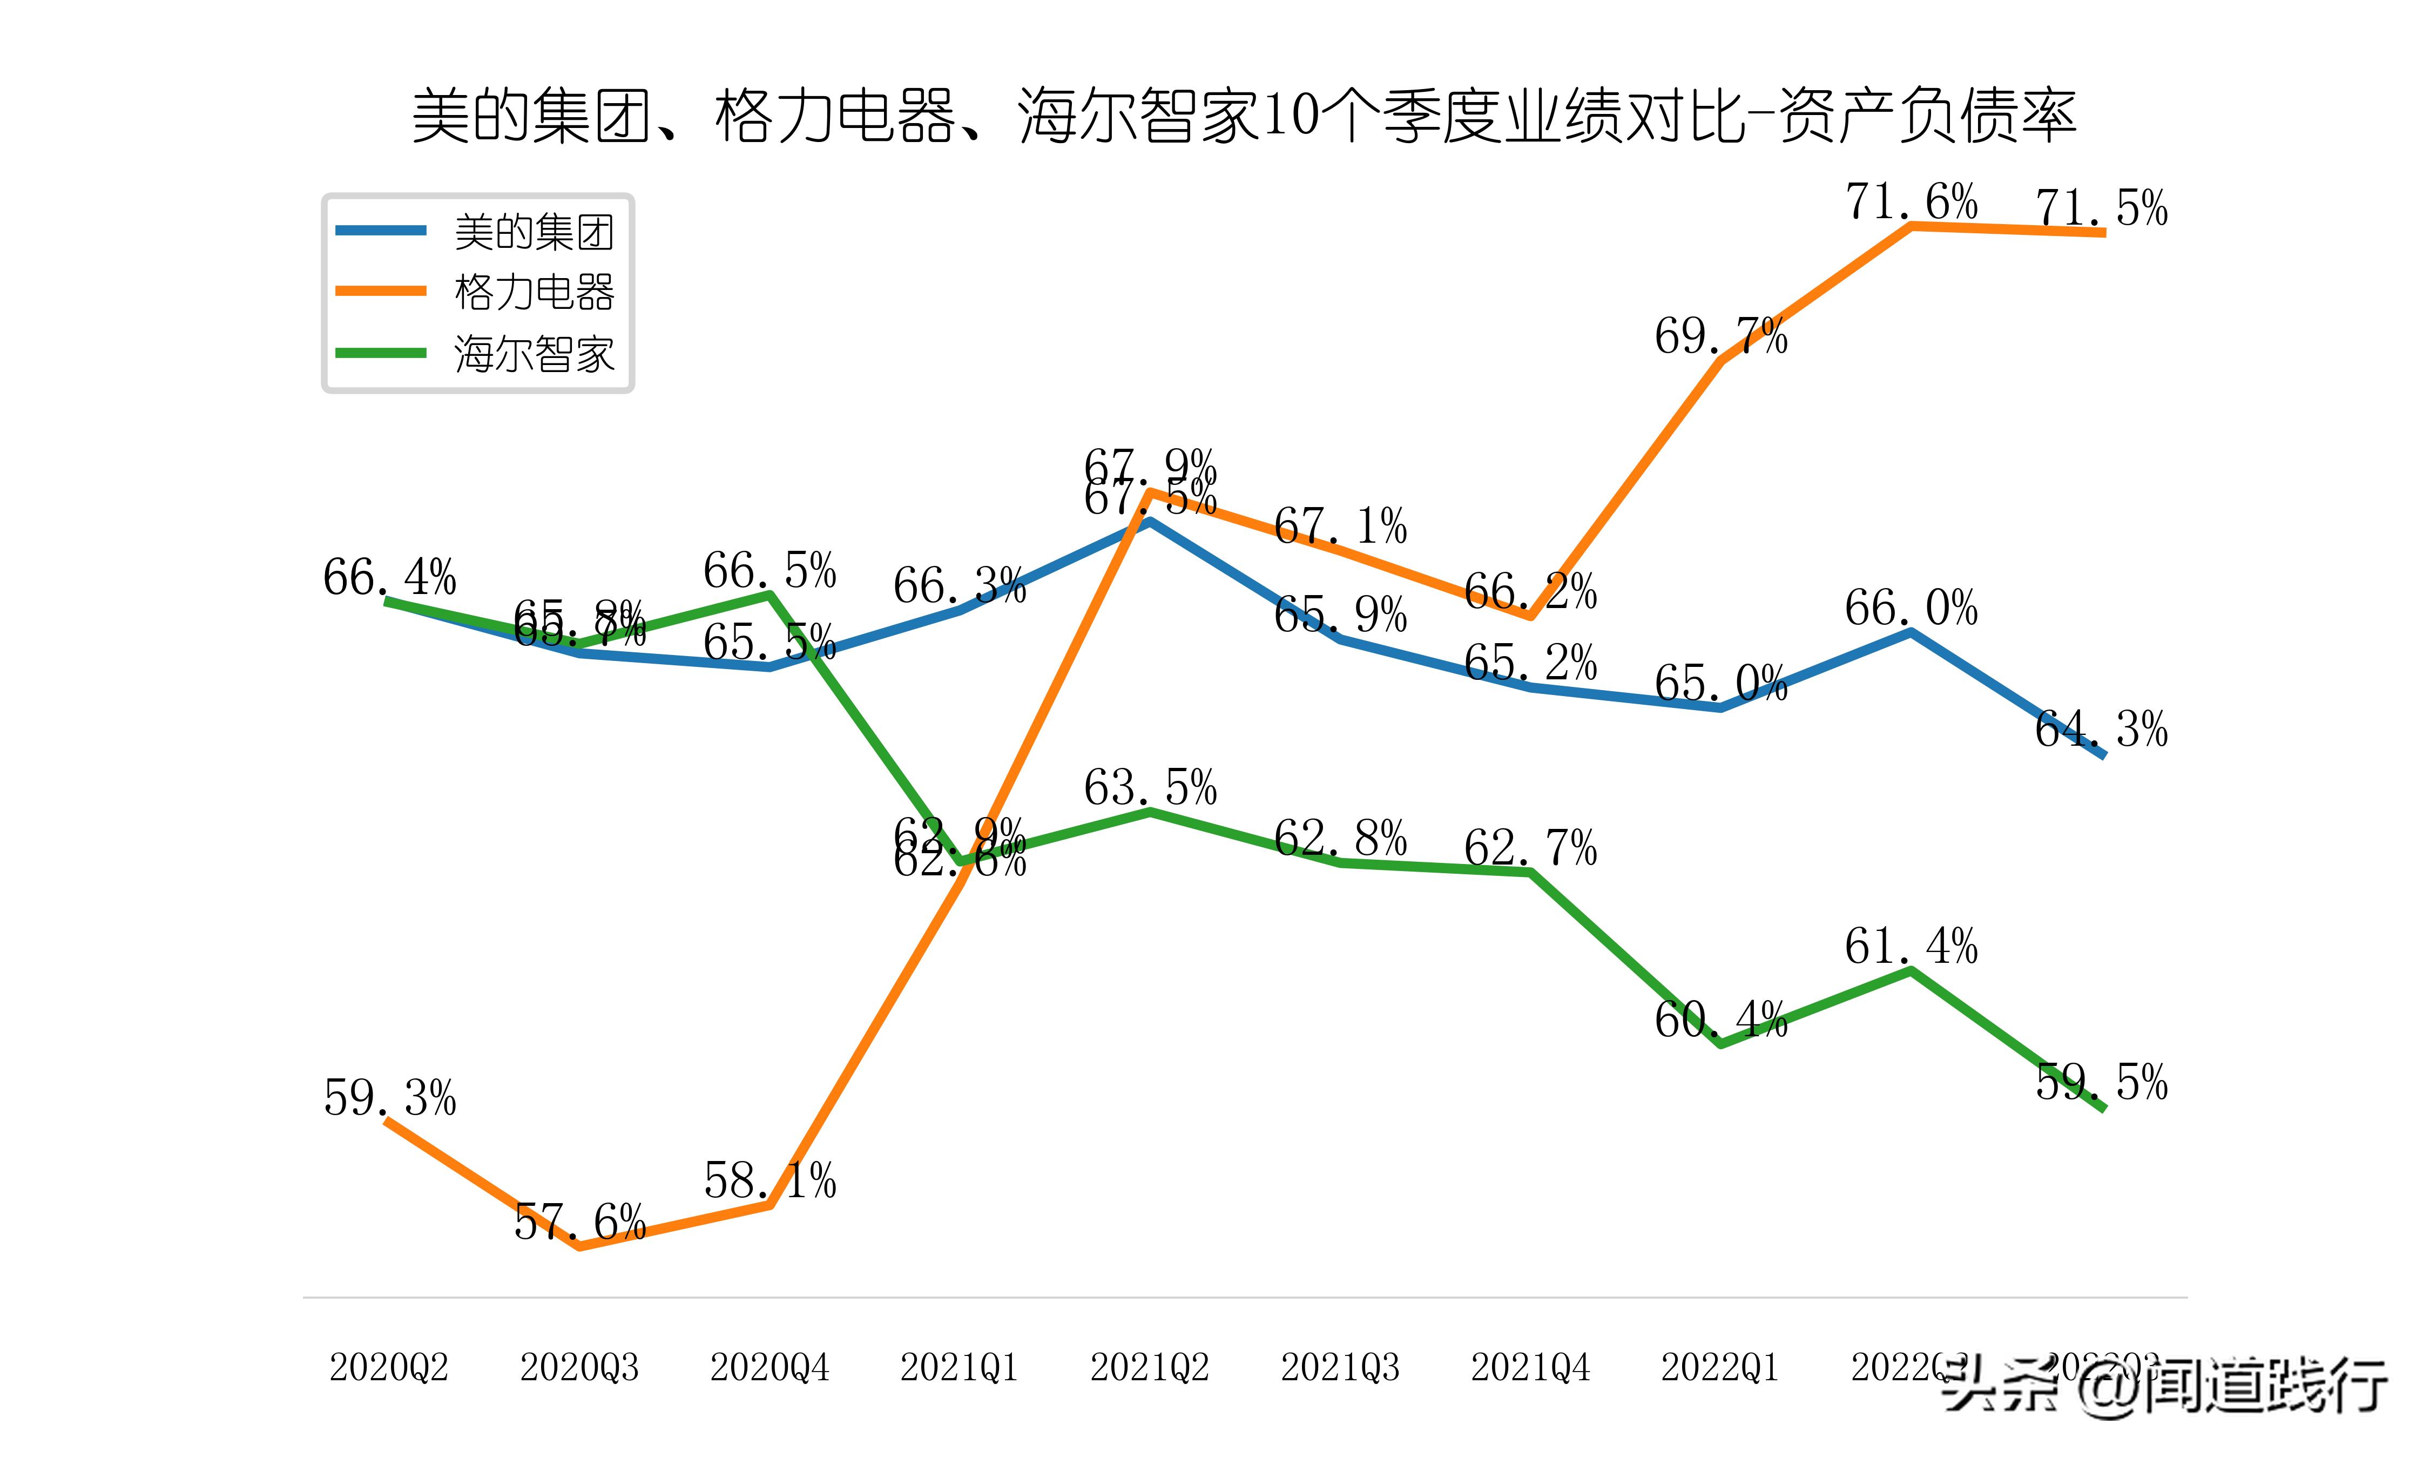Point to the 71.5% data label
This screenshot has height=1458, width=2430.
(x=2101, y=208)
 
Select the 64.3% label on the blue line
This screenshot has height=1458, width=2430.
(x=2101, y=729)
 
